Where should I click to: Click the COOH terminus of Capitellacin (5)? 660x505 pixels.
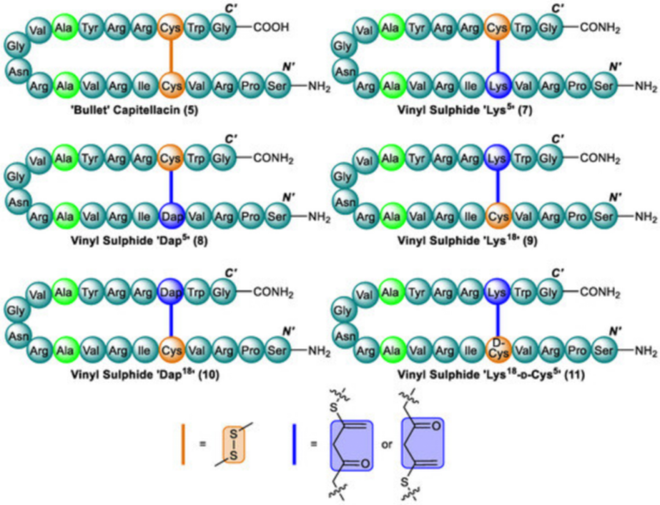(271, 27)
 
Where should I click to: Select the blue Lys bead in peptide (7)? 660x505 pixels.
(499, 86)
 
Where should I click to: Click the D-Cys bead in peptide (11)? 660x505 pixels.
(499, 349)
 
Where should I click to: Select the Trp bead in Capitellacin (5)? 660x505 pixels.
(196, 27)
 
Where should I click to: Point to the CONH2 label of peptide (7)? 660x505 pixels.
(599, 27)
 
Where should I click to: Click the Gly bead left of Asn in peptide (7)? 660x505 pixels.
(343, 46)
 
